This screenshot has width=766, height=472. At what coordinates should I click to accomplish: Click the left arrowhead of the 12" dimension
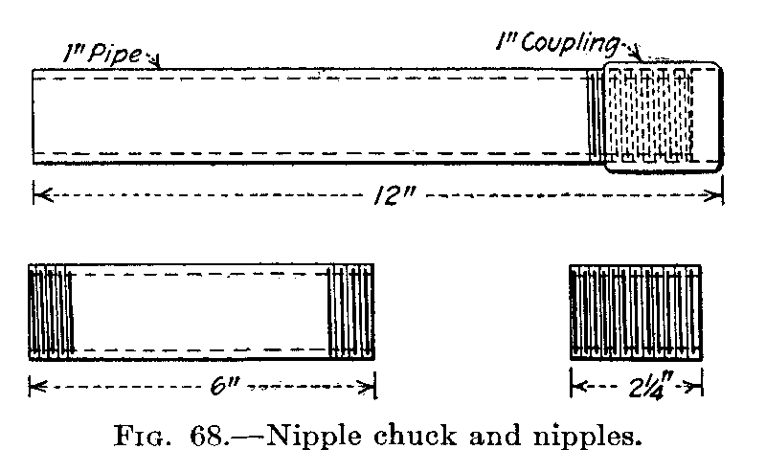(37, 196)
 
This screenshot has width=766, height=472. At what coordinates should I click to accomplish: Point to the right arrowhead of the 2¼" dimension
(699, 388)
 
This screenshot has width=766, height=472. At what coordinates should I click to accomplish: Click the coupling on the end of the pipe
(663, 117)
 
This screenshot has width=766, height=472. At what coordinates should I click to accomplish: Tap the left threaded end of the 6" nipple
(52, 312)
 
